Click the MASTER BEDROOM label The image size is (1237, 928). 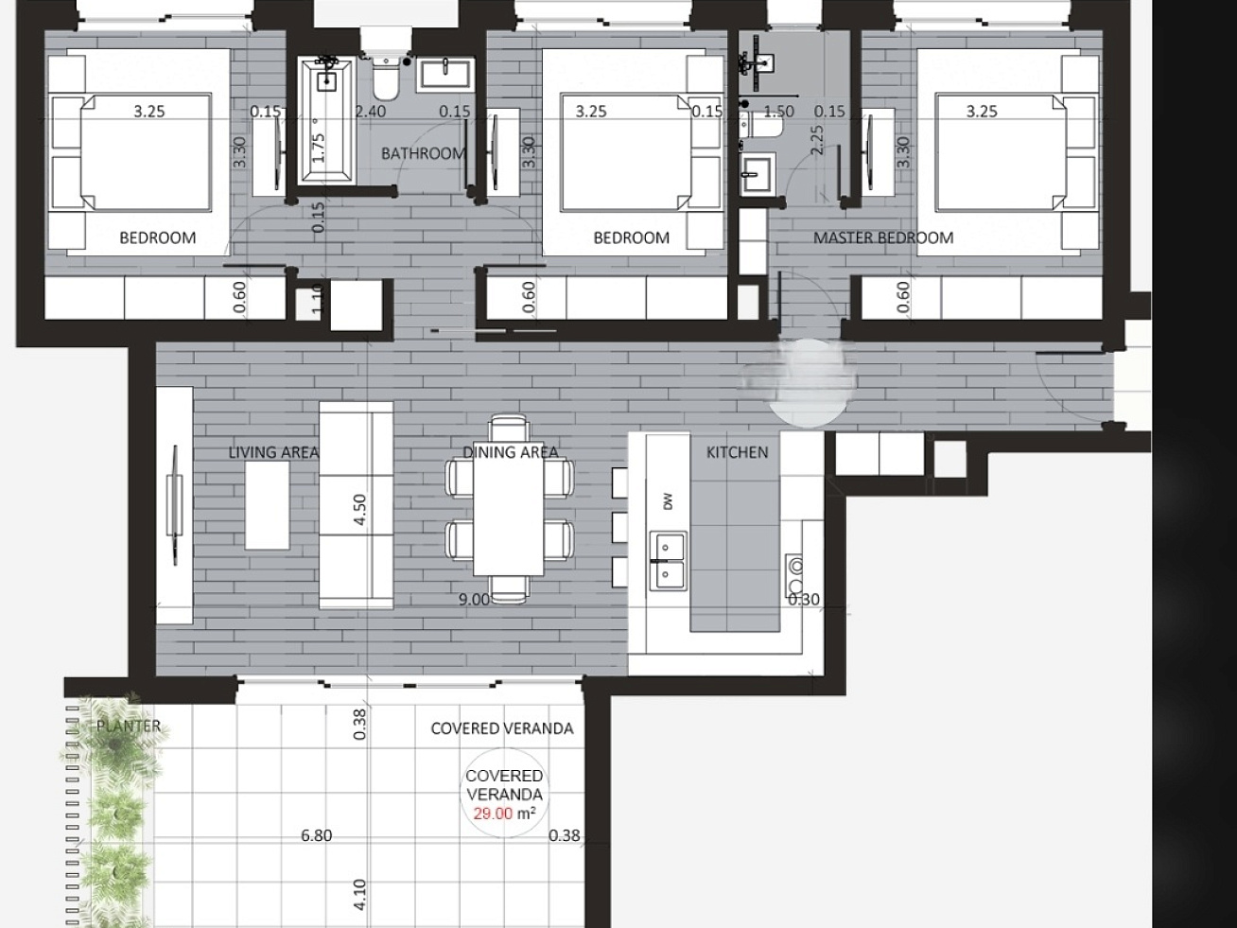883,237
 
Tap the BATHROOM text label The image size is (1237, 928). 424,153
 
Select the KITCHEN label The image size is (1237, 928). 737,452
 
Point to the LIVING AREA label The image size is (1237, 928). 273,452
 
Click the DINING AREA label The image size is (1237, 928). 511,452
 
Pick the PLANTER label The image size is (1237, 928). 129,726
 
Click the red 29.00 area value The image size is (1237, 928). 493,814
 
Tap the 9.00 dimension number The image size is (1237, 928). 474,600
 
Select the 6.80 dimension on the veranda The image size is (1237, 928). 316,835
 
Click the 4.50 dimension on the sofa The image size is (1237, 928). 360,509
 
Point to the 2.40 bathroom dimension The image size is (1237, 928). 371,112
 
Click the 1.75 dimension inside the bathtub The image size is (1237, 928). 319,148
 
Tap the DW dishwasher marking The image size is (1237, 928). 669,501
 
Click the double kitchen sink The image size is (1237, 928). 668,561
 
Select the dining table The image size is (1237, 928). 509,508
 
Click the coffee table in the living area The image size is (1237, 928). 267,505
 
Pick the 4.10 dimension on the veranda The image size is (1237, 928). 360,895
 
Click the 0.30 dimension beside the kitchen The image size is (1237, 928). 804,600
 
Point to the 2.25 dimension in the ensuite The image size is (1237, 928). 816,140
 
